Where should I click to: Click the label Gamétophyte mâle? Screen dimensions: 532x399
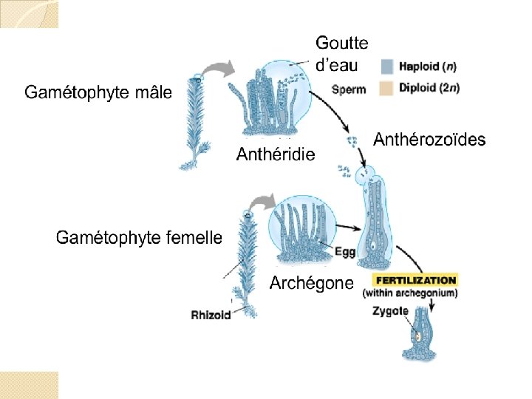(98, 92)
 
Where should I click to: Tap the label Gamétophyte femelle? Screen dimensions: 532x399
(139, 238)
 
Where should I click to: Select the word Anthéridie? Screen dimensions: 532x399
(275, 154)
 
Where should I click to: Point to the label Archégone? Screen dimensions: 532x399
(311, 283)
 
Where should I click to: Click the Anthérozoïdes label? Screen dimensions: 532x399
(429, 140)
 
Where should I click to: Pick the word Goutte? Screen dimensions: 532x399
(341, 44)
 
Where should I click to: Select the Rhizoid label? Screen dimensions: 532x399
(211, 315)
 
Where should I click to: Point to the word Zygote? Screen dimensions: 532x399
(391, 311)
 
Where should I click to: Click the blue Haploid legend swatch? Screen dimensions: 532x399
(388, 66)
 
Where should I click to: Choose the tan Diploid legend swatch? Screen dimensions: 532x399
(388, 88)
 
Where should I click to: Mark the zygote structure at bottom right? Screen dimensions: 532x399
(420, 336)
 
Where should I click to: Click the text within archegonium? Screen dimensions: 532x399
(410, 293)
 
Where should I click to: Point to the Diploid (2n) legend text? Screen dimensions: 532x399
(429, 88)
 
